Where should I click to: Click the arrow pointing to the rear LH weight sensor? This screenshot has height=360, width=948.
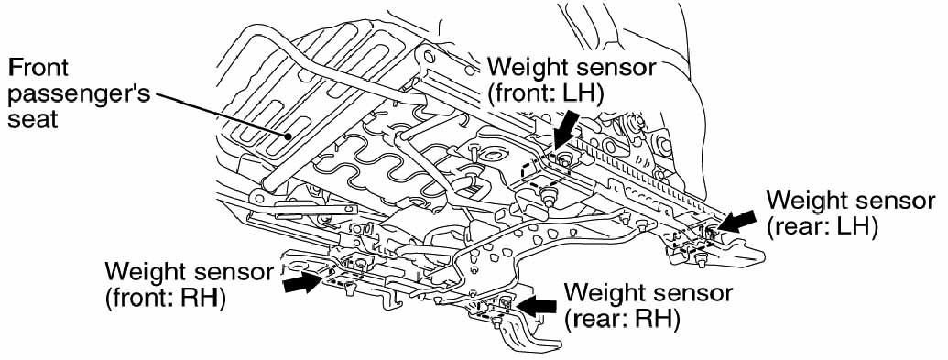[736, 220]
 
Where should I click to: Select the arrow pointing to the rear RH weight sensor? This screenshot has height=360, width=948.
[537, 306]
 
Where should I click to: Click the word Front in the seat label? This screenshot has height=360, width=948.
[38, 67]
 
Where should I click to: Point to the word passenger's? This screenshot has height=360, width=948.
[78, 95]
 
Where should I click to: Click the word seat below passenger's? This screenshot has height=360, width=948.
[33, 120]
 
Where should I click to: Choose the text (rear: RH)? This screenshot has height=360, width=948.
[622, 320]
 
